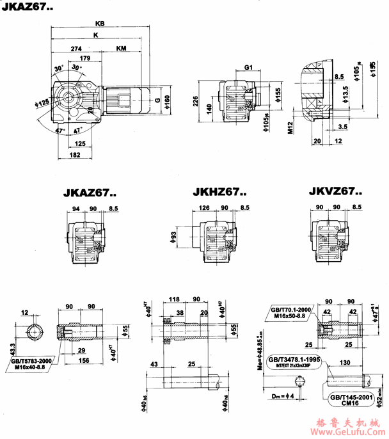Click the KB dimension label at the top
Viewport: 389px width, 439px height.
(99, 23)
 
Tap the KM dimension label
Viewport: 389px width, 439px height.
(122, 49)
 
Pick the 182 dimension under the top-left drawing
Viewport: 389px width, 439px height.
(75, 156)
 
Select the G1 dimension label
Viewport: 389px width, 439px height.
(249, 67)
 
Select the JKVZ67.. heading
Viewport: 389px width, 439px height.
(335, 191)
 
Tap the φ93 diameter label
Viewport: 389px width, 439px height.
(173, 238)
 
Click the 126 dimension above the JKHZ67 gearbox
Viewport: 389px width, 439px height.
(205, 208)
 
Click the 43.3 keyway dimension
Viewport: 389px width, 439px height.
(13, 349)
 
